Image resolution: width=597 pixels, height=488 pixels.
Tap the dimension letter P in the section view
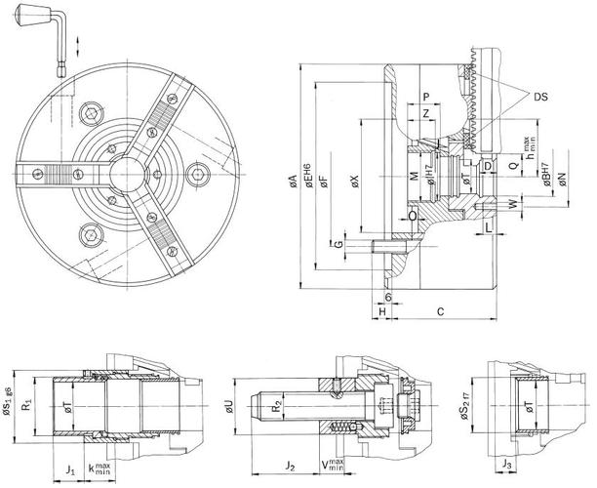[427, 96]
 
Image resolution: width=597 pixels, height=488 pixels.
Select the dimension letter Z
[427, 114]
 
